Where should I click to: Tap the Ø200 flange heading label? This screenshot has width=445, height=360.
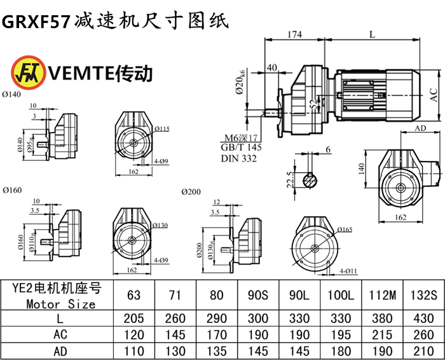click(x=191, y=191)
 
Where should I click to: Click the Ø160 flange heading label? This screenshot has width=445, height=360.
click(x=12, y=190)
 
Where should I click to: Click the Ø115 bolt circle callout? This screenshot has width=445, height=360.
click(x=161, y=128)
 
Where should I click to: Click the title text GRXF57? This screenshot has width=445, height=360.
click(x=36, y=21)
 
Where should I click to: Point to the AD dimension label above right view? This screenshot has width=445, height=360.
click(x=420, y=128)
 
